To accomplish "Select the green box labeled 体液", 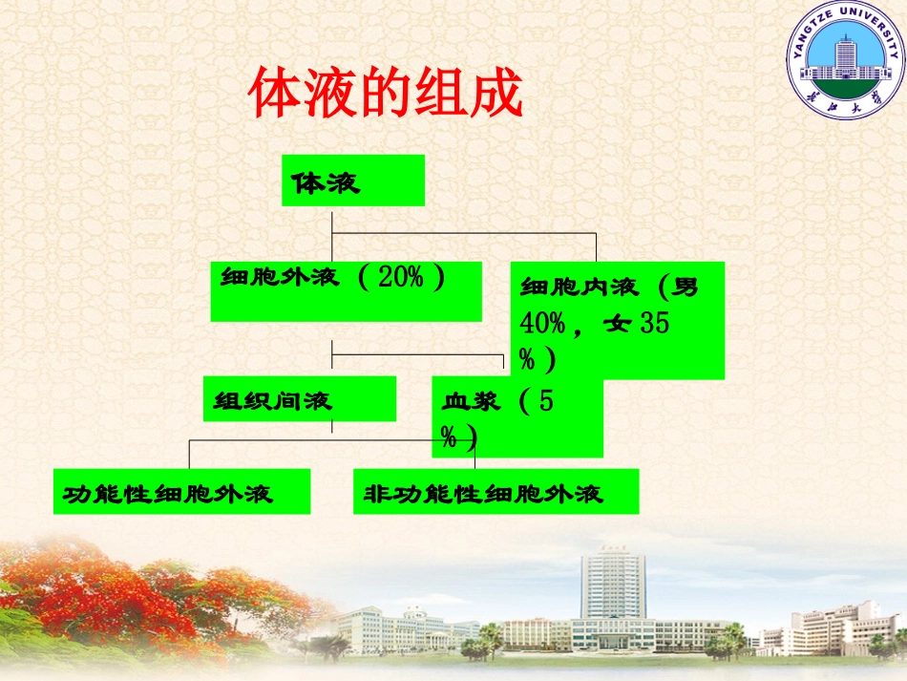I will [352, 181].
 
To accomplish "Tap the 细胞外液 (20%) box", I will [346, 291].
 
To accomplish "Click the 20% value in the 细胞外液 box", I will [400, 278].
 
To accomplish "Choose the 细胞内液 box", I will [617, 320].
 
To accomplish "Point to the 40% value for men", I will [542, 324].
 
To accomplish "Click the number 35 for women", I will [654, 324].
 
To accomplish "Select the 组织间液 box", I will [299, 398].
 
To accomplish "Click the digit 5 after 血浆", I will [545, 401].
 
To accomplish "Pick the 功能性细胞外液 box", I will [181, 492].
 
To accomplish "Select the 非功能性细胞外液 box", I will [495, 492].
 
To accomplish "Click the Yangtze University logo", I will [843, 58].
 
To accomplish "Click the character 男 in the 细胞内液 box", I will [685, 287].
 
